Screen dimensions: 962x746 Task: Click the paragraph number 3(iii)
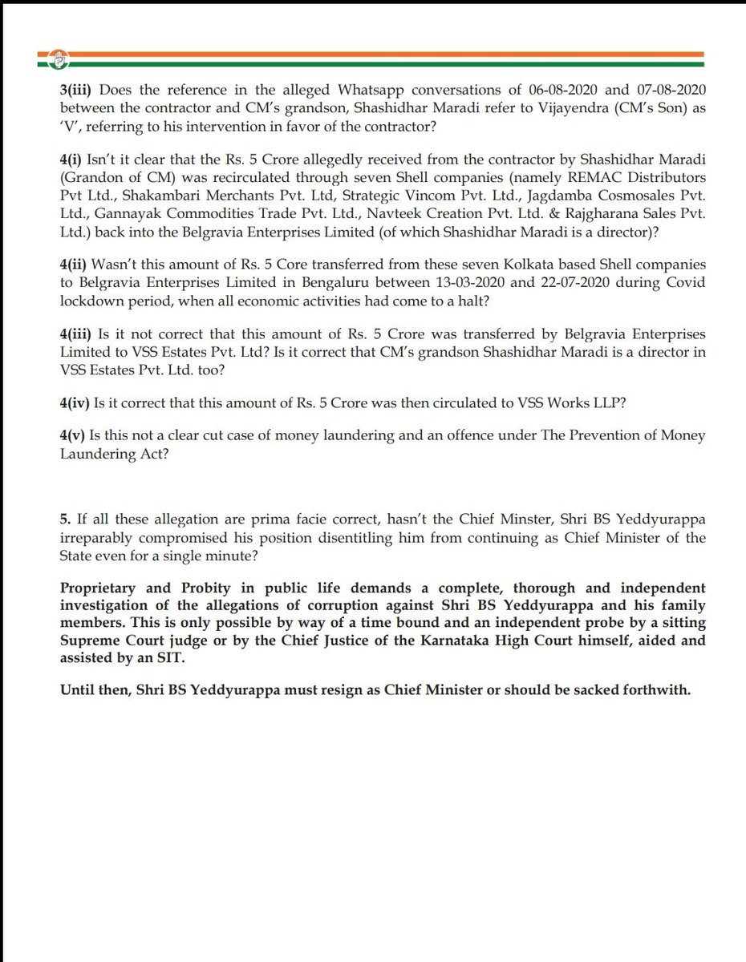click(x=77, y=93)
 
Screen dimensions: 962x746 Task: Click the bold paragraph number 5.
click(x=65, y=519)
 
